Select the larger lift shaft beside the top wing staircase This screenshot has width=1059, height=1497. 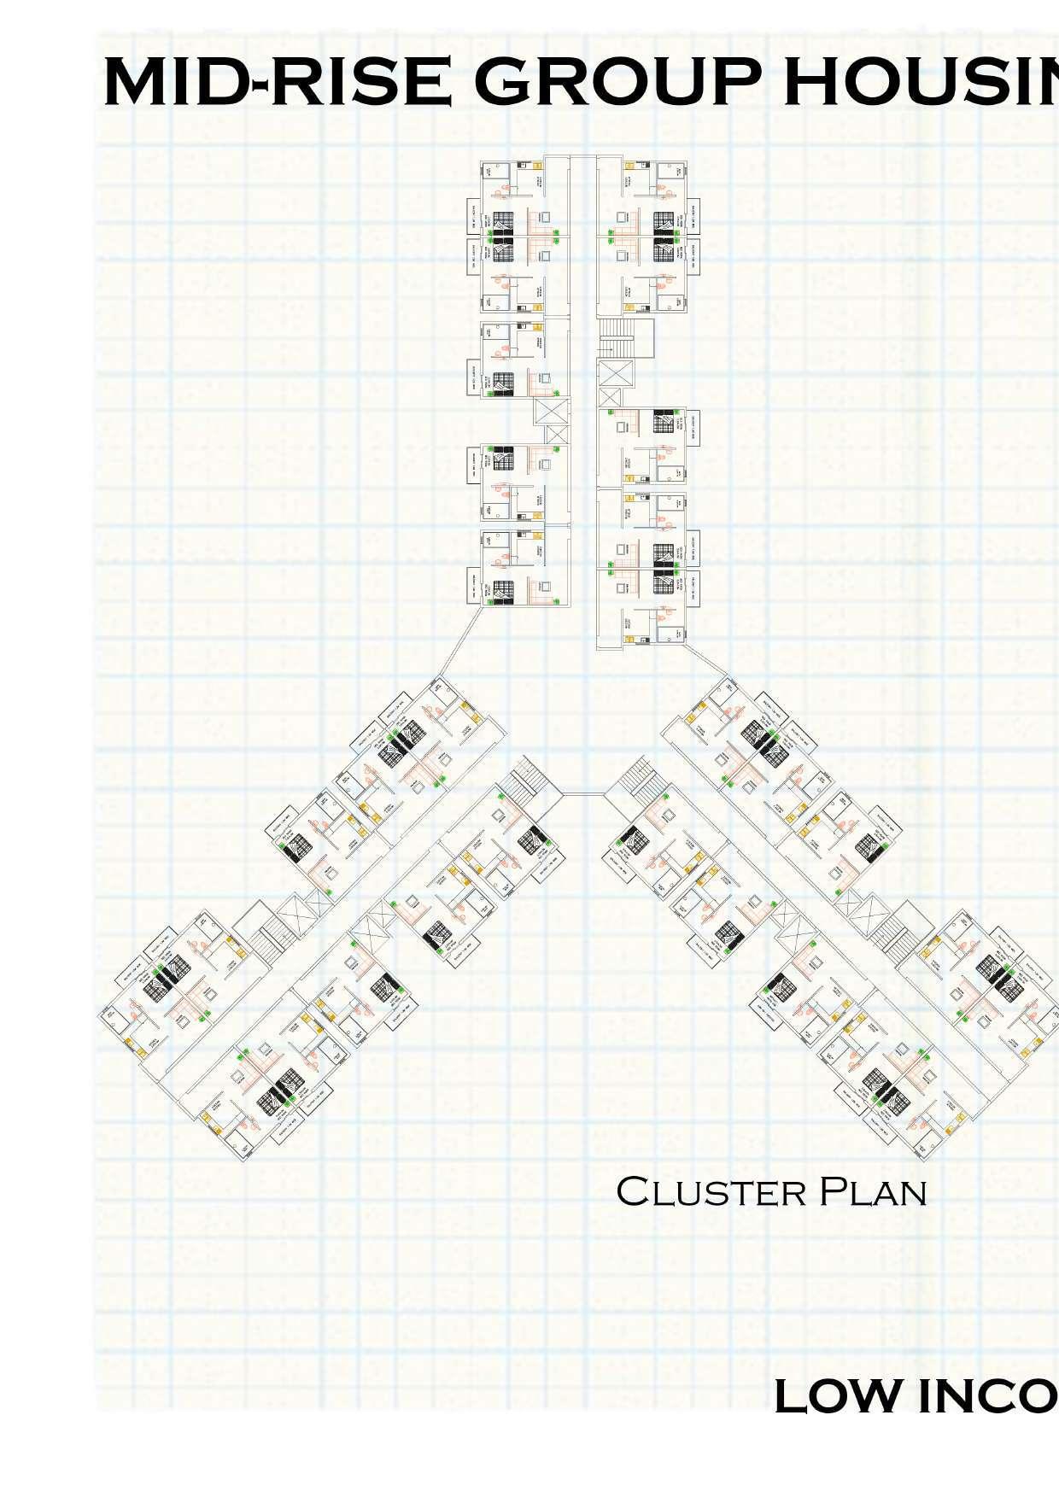point(615,373)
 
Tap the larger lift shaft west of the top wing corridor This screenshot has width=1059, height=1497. point(551,411)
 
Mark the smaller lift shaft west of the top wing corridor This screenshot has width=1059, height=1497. point(556,434)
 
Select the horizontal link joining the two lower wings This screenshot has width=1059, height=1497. point(583,794)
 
